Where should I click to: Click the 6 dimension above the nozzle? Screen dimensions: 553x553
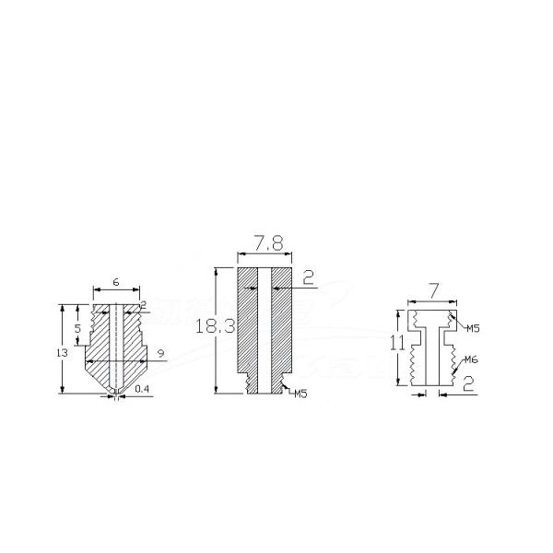[116, 282]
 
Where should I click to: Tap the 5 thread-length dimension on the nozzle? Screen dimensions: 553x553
[78, 327]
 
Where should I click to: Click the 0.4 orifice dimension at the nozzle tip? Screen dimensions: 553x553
[142, 390]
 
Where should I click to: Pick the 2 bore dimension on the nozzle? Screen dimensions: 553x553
[143, 305]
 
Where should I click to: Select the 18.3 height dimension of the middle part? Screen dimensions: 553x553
[211, 326]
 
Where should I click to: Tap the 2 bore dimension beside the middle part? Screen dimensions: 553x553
[309, 276]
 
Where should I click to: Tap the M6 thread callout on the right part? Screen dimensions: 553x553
[471, 359]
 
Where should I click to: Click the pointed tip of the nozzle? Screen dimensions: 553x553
[115, 394]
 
